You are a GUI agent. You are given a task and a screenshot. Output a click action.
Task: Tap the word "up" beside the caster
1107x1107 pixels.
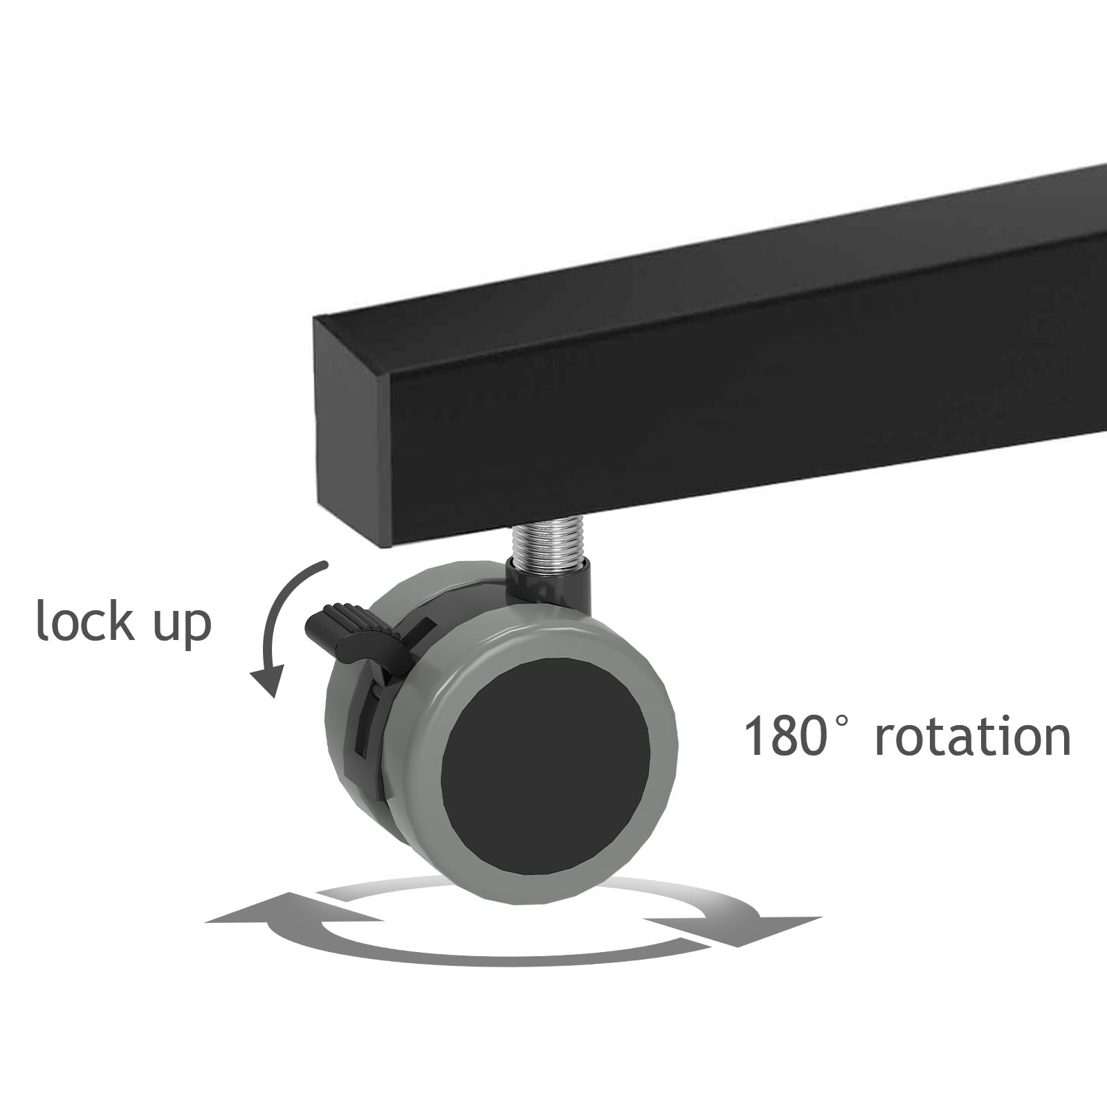(x=183, y=625)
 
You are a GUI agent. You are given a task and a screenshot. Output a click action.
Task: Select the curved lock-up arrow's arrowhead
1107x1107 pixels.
(x=268, y=681)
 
